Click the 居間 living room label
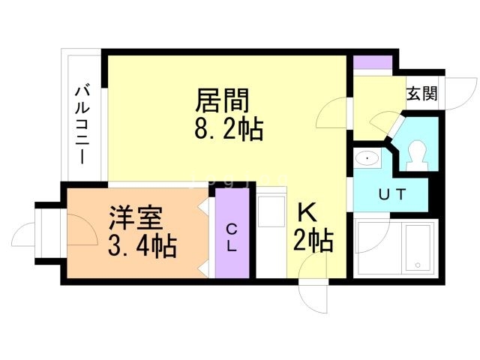(x=222, y=99)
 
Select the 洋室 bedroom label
(x=133, y=220)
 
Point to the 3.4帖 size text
(x=142, y=245)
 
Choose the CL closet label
(x=232, y=236)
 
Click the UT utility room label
(x=391, y=195)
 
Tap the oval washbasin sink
(x=367, y=158)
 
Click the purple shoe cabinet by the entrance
(x=373, y=62)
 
